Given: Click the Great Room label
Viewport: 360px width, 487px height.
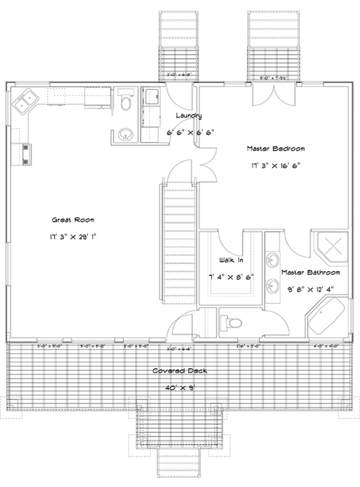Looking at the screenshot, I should (73, 220).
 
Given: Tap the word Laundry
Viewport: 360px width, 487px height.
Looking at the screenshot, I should (188, 116).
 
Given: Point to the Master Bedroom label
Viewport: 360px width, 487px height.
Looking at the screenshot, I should (276, 148).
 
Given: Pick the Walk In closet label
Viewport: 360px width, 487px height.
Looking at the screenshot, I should (230, 261).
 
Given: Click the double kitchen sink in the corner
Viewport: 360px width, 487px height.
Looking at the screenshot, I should (25, 100).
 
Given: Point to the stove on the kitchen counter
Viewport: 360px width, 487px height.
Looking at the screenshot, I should (26, 154).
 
